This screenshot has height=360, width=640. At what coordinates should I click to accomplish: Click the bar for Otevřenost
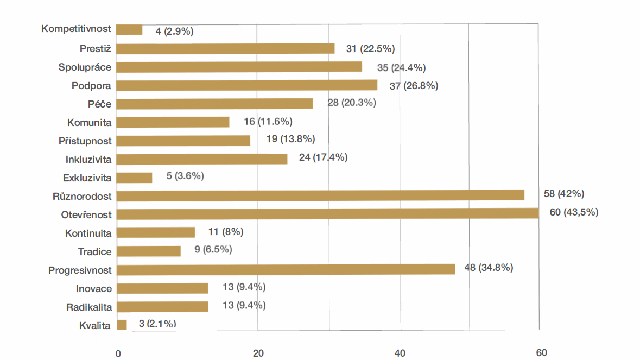coord(327,213)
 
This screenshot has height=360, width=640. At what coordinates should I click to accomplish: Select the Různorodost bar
coord(320,195)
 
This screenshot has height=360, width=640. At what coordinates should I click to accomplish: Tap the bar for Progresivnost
coord(286,269)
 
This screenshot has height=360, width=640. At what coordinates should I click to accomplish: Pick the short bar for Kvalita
coord(122,325)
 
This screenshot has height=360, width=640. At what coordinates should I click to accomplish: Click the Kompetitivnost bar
coord(129,30)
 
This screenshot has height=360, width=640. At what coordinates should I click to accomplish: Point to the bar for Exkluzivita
coord(134,178)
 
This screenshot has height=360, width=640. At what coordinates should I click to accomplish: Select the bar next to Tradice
coord(148,251)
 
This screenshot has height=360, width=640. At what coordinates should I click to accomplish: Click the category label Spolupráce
coord(85,67)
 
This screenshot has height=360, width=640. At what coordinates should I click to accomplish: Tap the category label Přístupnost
coord(85,141)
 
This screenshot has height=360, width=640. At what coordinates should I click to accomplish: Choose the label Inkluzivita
coord(88,160)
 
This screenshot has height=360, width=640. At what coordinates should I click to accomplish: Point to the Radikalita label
coord(89,307)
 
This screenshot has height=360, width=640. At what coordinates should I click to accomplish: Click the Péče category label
coord(100,104)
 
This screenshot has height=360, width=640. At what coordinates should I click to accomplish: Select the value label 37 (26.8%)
coord(414,86)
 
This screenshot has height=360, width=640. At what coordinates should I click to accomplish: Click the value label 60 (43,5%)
coord(574,212)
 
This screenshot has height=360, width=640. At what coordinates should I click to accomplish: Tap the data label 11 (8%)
coord(225,232)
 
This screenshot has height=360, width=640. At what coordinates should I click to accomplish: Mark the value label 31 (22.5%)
coord(370,49)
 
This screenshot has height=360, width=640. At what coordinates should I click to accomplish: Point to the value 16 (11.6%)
coord(268,122)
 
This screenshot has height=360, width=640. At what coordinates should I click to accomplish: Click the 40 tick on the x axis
coord(400,353)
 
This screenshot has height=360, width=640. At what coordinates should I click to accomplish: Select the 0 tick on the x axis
coord(118,353)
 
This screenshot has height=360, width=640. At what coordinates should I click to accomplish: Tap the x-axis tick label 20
coord(258,353)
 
